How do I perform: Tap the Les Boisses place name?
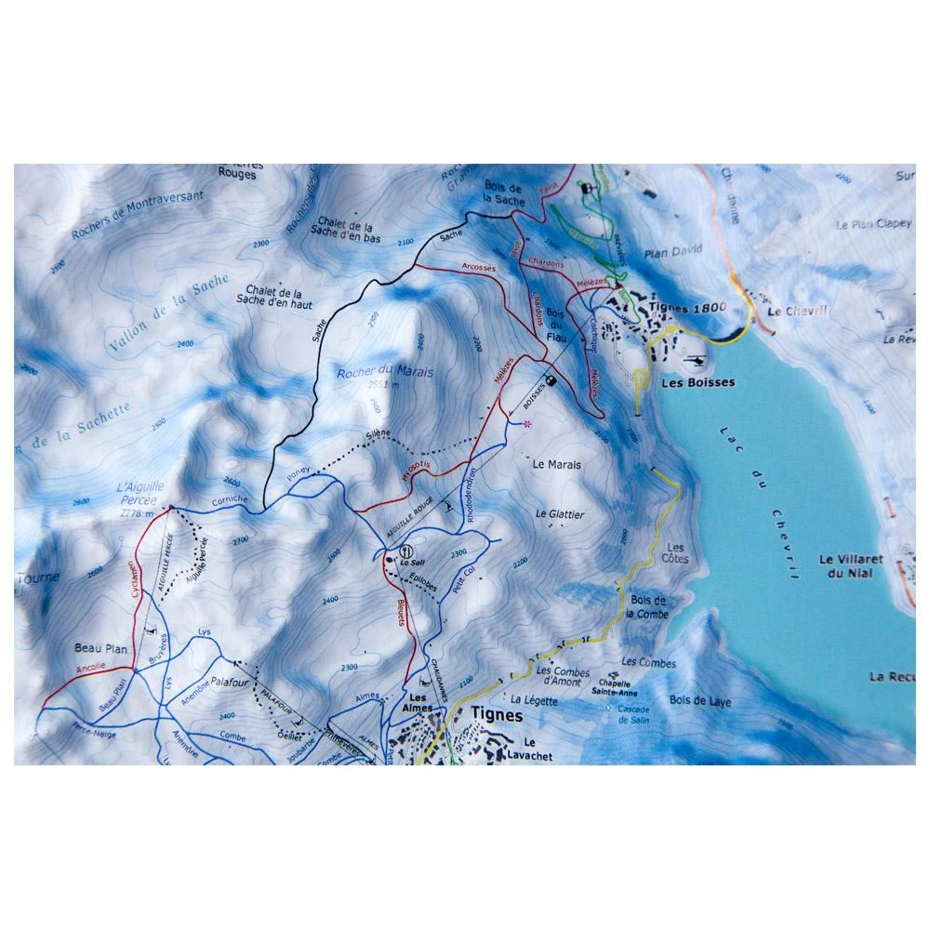tap(697, 382)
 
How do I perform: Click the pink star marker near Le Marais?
tap(527, 424)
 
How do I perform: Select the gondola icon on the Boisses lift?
tap(551, 379)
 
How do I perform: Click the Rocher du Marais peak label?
tap(374, 372)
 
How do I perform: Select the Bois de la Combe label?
tap(648, 607)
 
